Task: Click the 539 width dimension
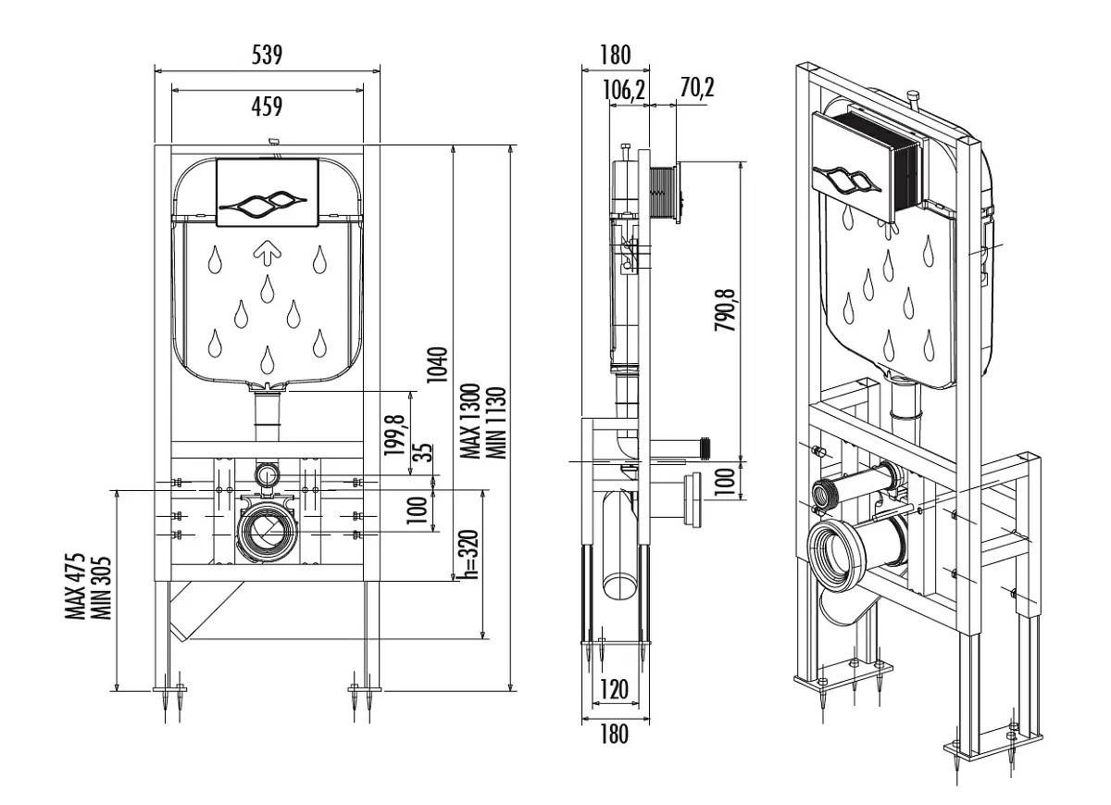(x=268, y=56)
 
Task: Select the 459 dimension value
(x=268, y=107)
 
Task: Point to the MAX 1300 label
(x=470, y=421)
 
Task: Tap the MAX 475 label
(x=78, y=586)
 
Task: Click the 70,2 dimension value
(x=697, y=88)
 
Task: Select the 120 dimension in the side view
(x=613, y=688)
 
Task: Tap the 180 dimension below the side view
(x=614, y=735)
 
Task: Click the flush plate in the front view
(x=268, y=192)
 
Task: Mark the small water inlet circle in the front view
(x=268, y=475)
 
